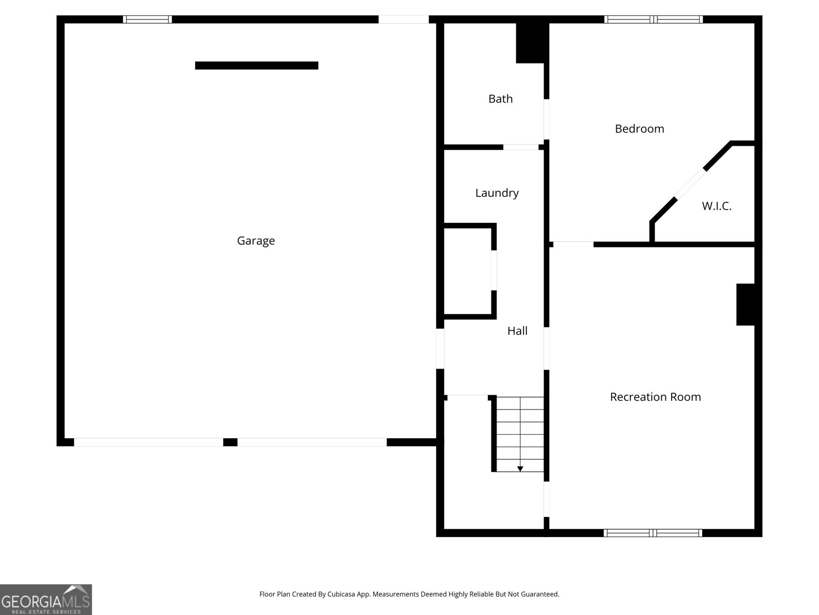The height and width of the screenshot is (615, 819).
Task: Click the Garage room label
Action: click(255, 241)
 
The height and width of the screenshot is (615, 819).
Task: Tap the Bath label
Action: click(500, 99)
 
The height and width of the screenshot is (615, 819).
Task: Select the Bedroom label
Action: click(639, 129)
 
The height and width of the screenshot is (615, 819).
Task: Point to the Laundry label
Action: click(497, 193)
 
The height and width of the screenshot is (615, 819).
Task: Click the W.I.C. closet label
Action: click(717, 206)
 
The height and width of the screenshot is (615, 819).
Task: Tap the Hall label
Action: click(517, 331)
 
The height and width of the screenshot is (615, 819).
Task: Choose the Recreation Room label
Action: click(655, 397)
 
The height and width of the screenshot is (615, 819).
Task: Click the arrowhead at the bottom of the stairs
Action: click(520, 468)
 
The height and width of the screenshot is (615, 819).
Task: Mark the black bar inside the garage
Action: click(256, 66)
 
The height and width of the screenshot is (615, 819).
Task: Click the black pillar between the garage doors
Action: click(230, 442)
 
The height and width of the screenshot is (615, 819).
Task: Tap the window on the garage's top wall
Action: click(147, 19)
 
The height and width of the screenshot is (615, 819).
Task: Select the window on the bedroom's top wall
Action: click(653, 19)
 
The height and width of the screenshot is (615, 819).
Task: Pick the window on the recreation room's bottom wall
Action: click(653, 533)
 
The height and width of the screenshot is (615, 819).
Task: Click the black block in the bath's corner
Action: click(532, 43)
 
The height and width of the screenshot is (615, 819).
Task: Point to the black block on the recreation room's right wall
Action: click(745, 305)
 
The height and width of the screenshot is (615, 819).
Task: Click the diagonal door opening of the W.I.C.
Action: click(691, 183)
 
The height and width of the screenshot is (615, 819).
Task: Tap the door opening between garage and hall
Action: click(440, 349)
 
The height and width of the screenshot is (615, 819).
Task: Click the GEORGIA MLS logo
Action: click(46, 600)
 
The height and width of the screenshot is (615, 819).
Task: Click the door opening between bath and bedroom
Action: click(546, 119)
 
